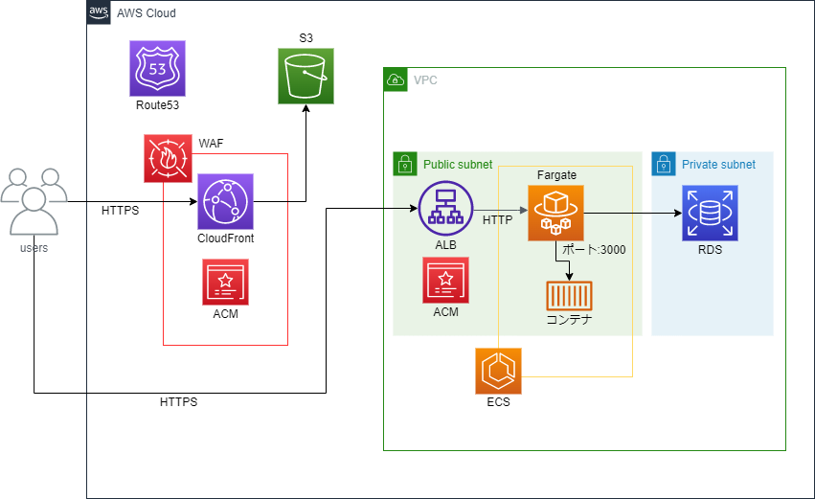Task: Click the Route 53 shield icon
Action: click(x=157, y=68)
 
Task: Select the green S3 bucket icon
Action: click(x=306, y=76)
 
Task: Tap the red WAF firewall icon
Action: click(x=168, y=158)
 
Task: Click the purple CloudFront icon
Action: click(x=226, y=201)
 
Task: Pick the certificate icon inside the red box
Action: click(x=225, y=283)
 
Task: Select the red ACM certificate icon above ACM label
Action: click(x=445, y=281)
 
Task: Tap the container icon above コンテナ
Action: click(x=569, y=296)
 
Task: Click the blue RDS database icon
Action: click(x=711, y=213)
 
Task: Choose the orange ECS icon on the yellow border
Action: click(x=498, y=372)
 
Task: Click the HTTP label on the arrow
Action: click(x=497, y=220)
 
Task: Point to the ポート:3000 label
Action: click(x=594, y=249)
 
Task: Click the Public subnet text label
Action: click(x=458, y=165)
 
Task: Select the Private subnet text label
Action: click(x=718, y=165)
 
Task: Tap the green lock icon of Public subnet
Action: click(x=404, y=164)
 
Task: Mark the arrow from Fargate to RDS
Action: click(x=632, y=213)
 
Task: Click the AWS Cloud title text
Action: click(x=146, y=13)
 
